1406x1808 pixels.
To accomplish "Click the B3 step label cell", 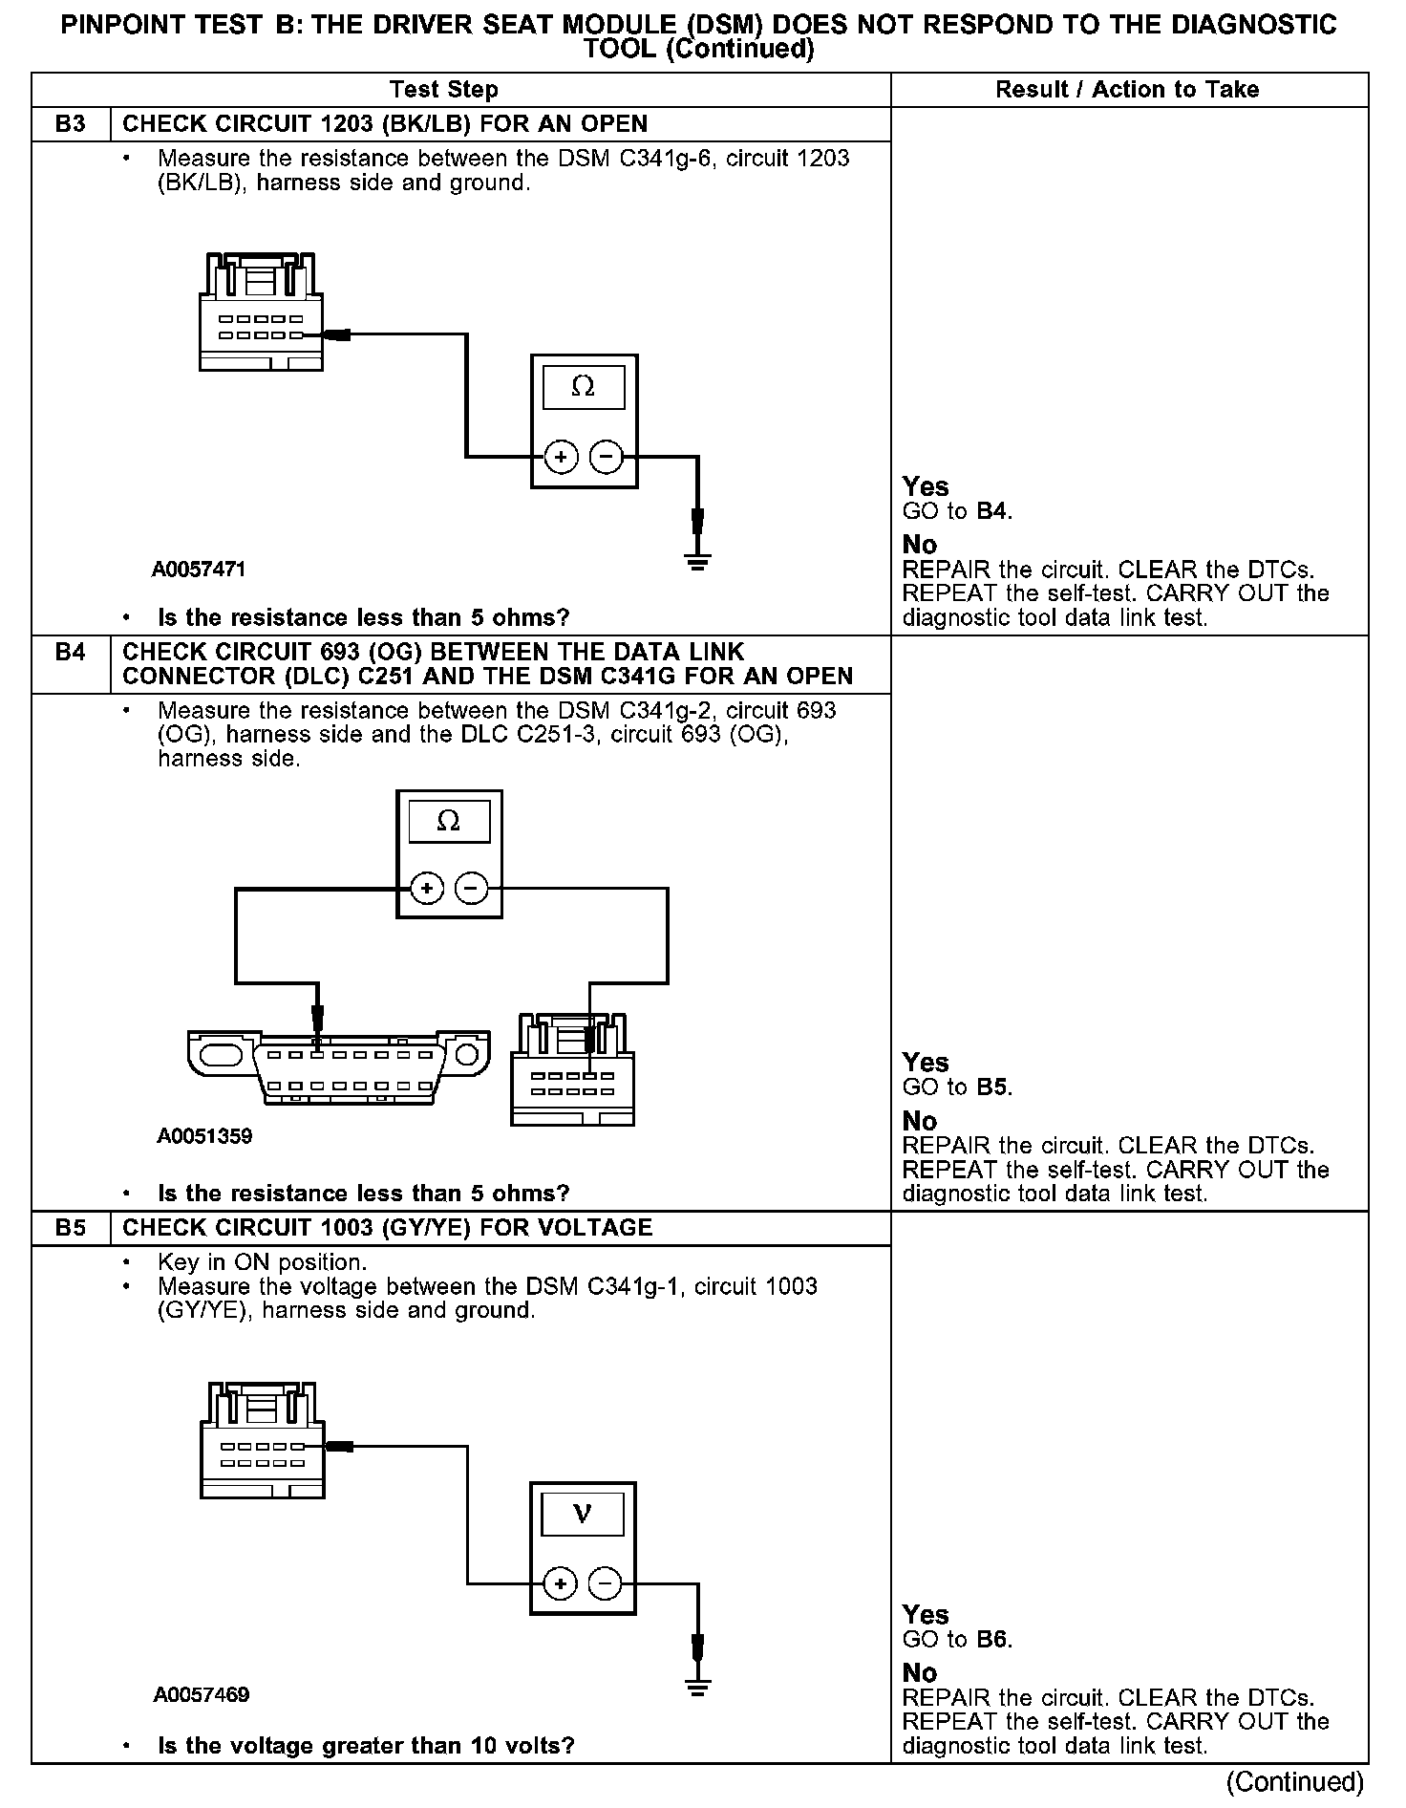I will (x=71, y=124).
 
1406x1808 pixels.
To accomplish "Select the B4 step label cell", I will (x=71, y=653).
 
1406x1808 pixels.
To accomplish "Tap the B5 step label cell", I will (x=71, y=1228).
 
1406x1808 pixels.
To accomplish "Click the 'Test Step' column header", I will (x=444, y=90).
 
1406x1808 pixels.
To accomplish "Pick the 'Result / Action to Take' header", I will (x=1127, y=90).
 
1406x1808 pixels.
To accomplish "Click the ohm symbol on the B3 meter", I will (x=583, y=387).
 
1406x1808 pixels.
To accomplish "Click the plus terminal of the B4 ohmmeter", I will (x=427, y=889).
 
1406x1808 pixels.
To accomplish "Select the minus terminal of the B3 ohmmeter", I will (x=605, y=458).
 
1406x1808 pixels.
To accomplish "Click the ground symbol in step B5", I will (x=698, y=1689).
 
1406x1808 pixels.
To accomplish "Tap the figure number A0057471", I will (x=199, y=570).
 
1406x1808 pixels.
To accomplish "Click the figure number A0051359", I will (x=204, y=1136).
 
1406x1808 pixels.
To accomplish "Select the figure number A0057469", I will (x=202, y=1694).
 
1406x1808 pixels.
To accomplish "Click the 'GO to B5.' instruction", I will (x=957, y=1087).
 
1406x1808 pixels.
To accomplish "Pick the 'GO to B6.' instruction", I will (x=957, y=1640).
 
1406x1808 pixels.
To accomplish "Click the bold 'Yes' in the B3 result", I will (x=926, y=486).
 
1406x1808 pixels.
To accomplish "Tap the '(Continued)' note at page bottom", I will (x=1295, y=1782).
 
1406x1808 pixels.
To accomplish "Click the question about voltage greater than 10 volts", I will (x=366, y=1746).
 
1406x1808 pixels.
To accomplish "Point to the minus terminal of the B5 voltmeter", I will (x=605, y=1584).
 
